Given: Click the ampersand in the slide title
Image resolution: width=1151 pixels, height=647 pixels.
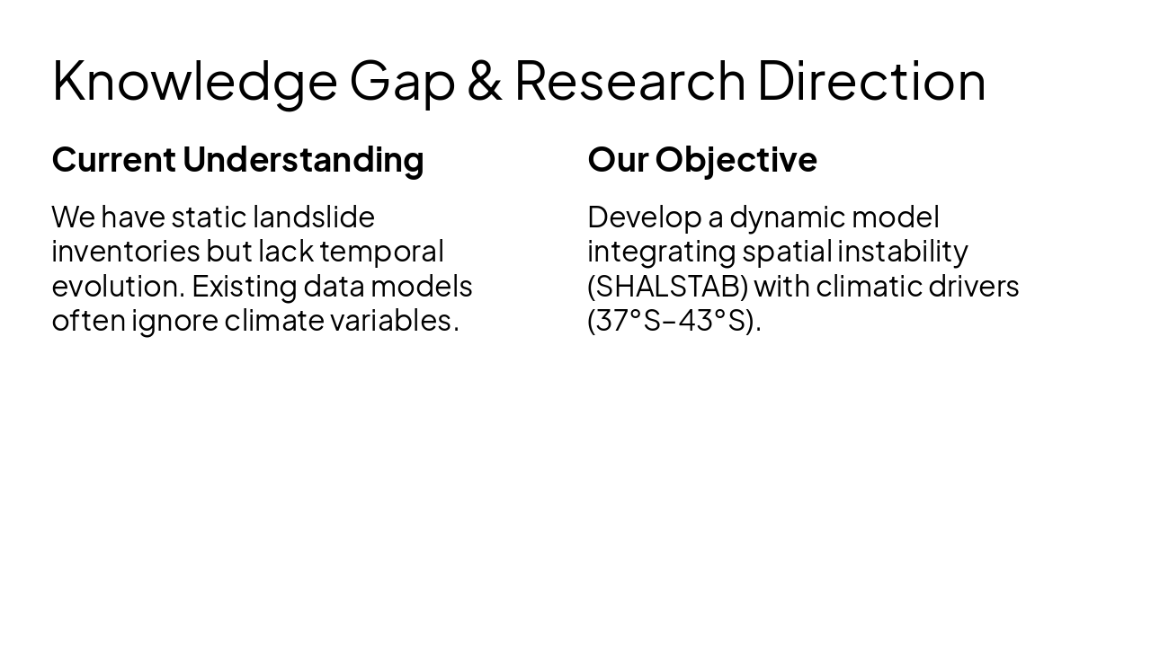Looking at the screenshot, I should pos(484,80).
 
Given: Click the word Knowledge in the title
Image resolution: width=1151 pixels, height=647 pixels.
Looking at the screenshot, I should pos(194,80).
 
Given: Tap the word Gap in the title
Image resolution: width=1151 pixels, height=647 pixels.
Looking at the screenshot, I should pos(402,80).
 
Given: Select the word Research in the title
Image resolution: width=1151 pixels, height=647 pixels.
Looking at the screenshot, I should pos(629,80).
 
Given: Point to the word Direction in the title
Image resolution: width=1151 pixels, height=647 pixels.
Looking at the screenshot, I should pos(871,80).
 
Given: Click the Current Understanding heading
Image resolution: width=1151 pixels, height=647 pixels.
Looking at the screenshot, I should pos(237,159).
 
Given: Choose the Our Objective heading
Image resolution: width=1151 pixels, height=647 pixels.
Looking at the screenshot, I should pos(702,159).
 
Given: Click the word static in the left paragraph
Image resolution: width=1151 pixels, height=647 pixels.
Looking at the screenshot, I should pos(208,217).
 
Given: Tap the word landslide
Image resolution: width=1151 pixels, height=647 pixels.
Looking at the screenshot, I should pos(313,217).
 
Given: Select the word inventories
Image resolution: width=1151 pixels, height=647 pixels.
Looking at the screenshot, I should pos(125,251).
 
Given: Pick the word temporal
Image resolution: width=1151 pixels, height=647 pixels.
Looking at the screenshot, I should pos(381,251).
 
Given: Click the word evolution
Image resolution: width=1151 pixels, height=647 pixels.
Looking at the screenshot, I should pos(118,286).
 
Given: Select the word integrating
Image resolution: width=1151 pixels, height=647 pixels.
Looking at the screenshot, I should pos(661,251).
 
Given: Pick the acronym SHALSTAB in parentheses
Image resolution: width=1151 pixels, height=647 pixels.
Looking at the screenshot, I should pos(668,286).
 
